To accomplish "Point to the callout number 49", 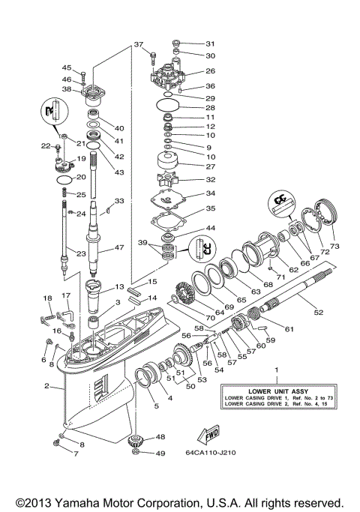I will [160, 453].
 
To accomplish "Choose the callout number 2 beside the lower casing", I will [46, 387].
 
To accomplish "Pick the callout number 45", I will [67, 67].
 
